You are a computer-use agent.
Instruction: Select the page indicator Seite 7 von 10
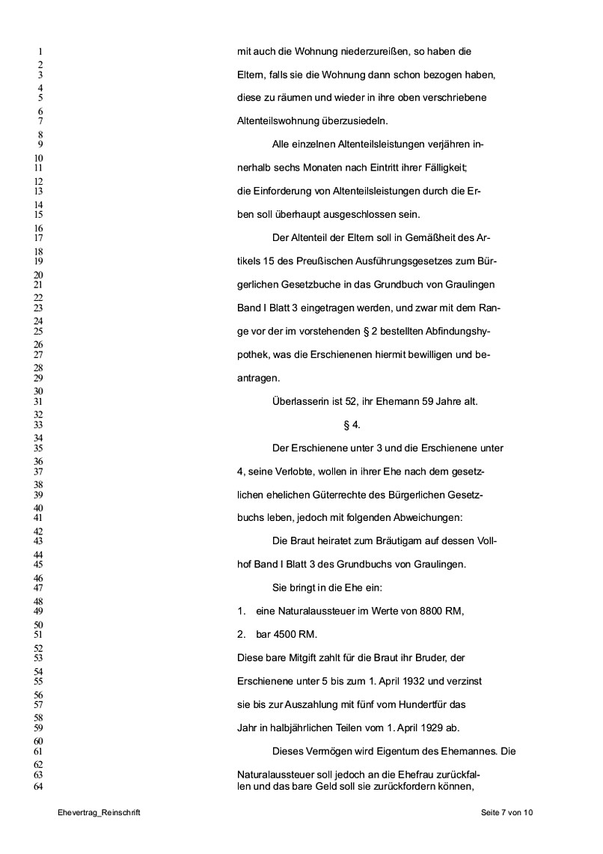point(507,813)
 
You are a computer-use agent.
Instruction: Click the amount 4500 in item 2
point(287,635)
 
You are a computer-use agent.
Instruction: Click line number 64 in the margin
point(40,786)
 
